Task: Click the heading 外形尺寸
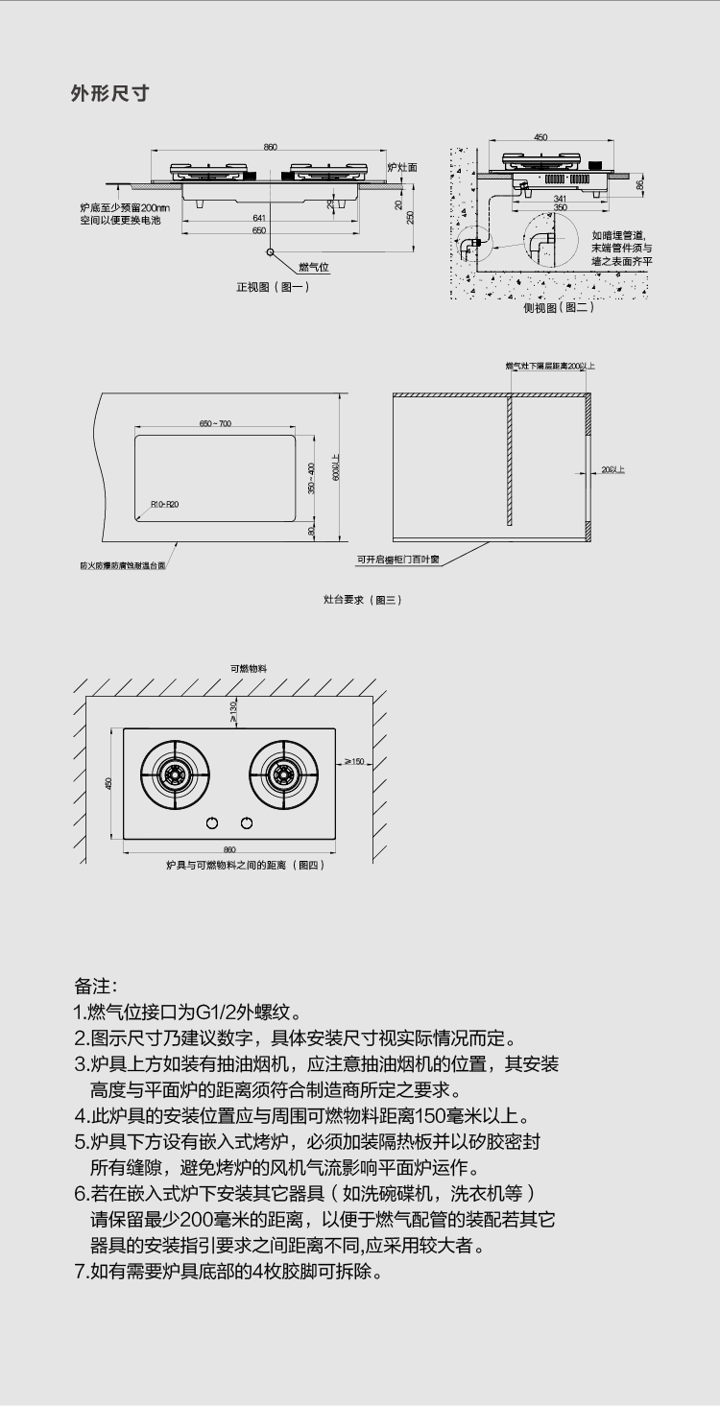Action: click(109, 94)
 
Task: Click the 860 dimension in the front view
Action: click(271, 147)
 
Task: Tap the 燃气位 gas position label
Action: click(313, 267)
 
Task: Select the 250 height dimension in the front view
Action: click(410, 217)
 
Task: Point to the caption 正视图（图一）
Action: click(273, 287)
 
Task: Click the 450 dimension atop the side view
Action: click(540, 137)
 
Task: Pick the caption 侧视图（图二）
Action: click(558, 307)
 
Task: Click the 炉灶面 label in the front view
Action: click(402, 168)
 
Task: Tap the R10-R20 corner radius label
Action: click(164, 504)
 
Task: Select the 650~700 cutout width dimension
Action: click(215, 423)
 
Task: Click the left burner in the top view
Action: click(175, 773)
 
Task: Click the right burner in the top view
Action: click(283, 773)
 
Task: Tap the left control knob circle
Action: click(212, 822)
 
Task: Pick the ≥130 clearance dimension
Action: click(233, 709)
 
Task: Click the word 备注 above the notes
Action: click(95, 987)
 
